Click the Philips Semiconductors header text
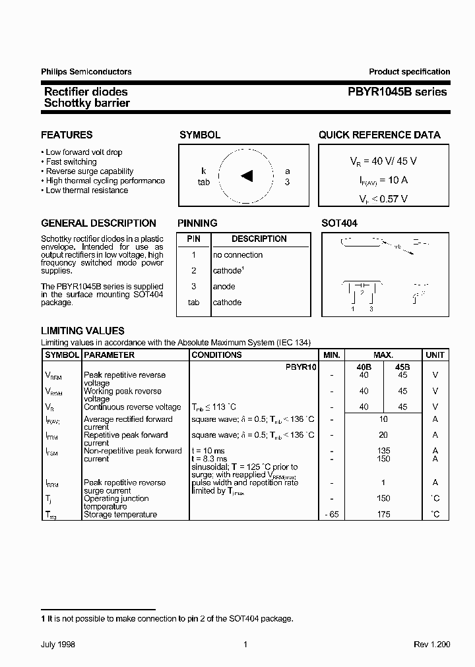point(86,72)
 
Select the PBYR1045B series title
point(398,92)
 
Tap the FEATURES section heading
point(67,135)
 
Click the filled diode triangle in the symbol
point(247,175)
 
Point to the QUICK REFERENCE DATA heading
point(379,135)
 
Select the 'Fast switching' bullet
point(71,162)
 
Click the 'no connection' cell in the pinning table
point(237,255)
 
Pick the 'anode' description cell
point(224,287)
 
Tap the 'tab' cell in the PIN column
point(193,303)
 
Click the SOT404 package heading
point(339,223)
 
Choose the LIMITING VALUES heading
point(82,331)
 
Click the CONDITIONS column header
point(216,355)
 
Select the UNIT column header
point(435,355)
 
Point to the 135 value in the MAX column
point(383,451)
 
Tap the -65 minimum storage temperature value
point(332,515)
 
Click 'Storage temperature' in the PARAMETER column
point(120,515)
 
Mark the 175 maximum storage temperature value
point(383,515)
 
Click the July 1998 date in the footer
point(57,645)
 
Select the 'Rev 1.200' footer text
point(431,645)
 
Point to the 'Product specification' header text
point(409,72)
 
